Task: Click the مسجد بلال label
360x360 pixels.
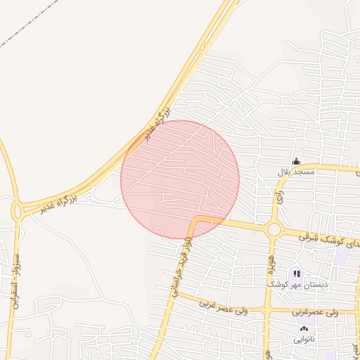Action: [x=292, y=172]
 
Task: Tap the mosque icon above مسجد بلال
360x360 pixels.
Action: [x=296, y=162]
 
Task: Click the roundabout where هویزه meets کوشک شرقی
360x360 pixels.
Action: [x=273, y=229]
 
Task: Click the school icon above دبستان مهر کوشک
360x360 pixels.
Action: [x=297, y=274]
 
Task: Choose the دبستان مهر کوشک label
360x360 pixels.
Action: [x=294, y=285]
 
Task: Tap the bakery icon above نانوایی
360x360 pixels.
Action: [x=304, y=329]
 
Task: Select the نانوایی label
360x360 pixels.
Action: [x=304, y=339]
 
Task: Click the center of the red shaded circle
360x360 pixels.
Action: [x=180, y=179]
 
